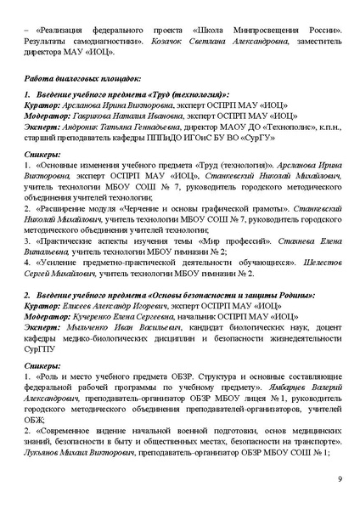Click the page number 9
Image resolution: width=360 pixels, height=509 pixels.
coord(339,479)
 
